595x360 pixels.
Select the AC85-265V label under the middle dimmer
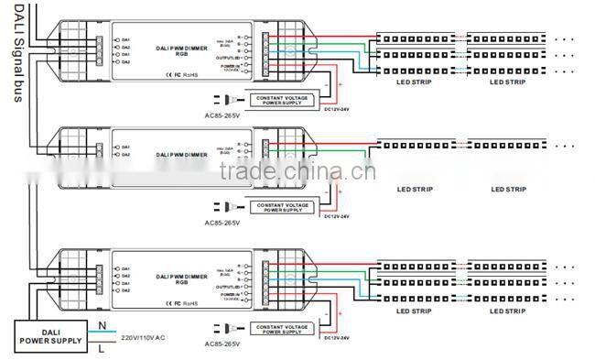[x=222, y=222]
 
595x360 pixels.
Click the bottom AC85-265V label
[x=222, y=344]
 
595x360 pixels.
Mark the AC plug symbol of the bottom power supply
[x=228, y=327]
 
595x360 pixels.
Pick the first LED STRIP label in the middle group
[x=414, y=190]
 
